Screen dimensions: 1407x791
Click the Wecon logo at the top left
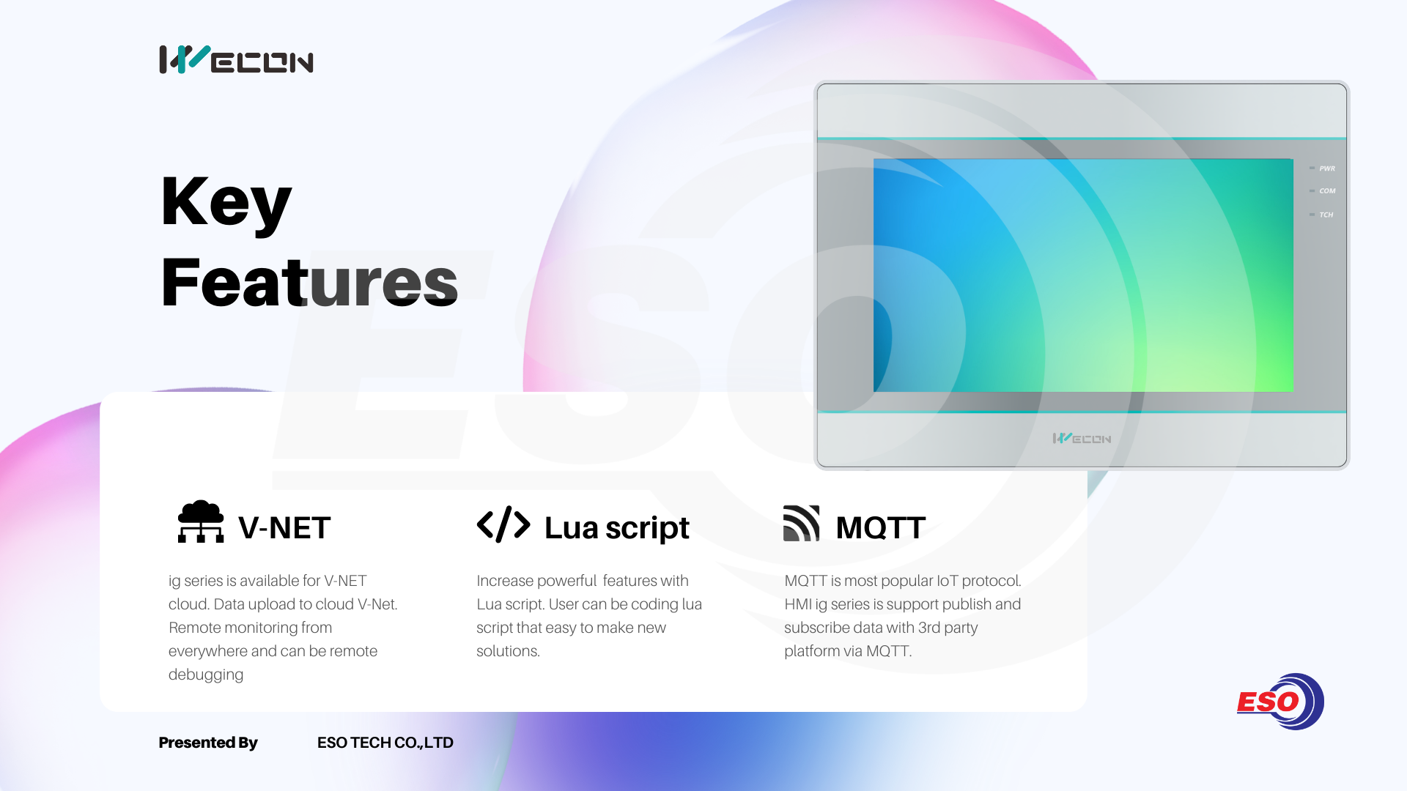click(236, 59)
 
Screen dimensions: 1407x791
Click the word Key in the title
click(226, 203)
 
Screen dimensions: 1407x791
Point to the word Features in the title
click(309, 283)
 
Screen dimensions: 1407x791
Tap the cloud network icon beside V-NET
click(201, 521)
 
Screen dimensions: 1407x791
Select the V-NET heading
click(284, 527)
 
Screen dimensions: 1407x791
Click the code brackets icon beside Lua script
click(503, 524)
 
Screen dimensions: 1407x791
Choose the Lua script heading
click(617, 528)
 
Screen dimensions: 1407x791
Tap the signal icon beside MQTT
click(802, 523)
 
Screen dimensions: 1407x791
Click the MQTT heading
click(881, 527)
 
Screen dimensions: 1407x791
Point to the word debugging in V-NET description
click(206, 675)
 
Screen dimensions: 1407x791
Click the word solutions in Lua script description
click(508, 651)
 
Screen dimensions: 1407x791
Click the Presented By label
click(208, 743)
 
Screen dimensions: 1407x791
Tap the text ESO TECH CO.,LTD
click(385, 743)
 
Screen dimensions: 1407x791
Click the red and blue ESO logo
click(1280, 702)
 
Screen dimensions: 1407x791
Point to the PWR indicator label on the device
click(1327, 168)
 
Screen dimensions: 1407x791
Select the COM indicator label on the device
click(1327, 191)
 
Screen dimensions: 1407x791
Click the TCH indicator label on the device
click(1326, 215)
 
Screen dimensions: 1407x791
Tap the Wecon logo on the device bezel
click(1082, 438)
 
